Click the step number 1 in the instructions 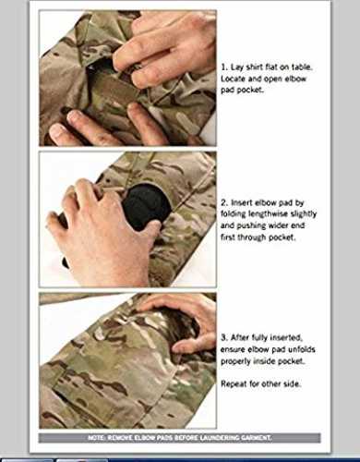224,67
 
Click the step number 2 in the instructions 224,202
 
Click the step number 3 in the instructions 223,337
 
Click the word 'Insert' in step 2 240,202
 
